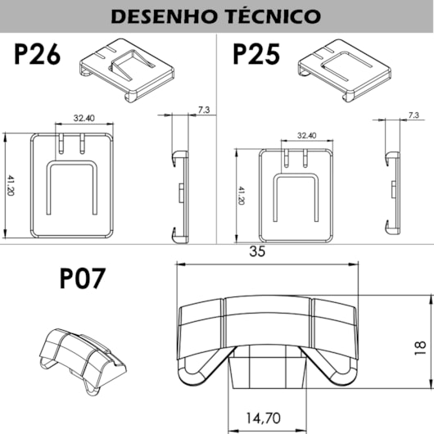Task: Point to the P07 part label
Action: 83,279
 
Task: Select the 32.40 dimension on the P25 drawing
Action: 307,136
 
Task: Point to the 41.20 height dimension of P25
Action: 241,197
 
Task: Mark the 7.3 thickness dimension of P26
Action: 203,109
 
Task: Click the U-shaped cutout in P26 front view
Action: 72,189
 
